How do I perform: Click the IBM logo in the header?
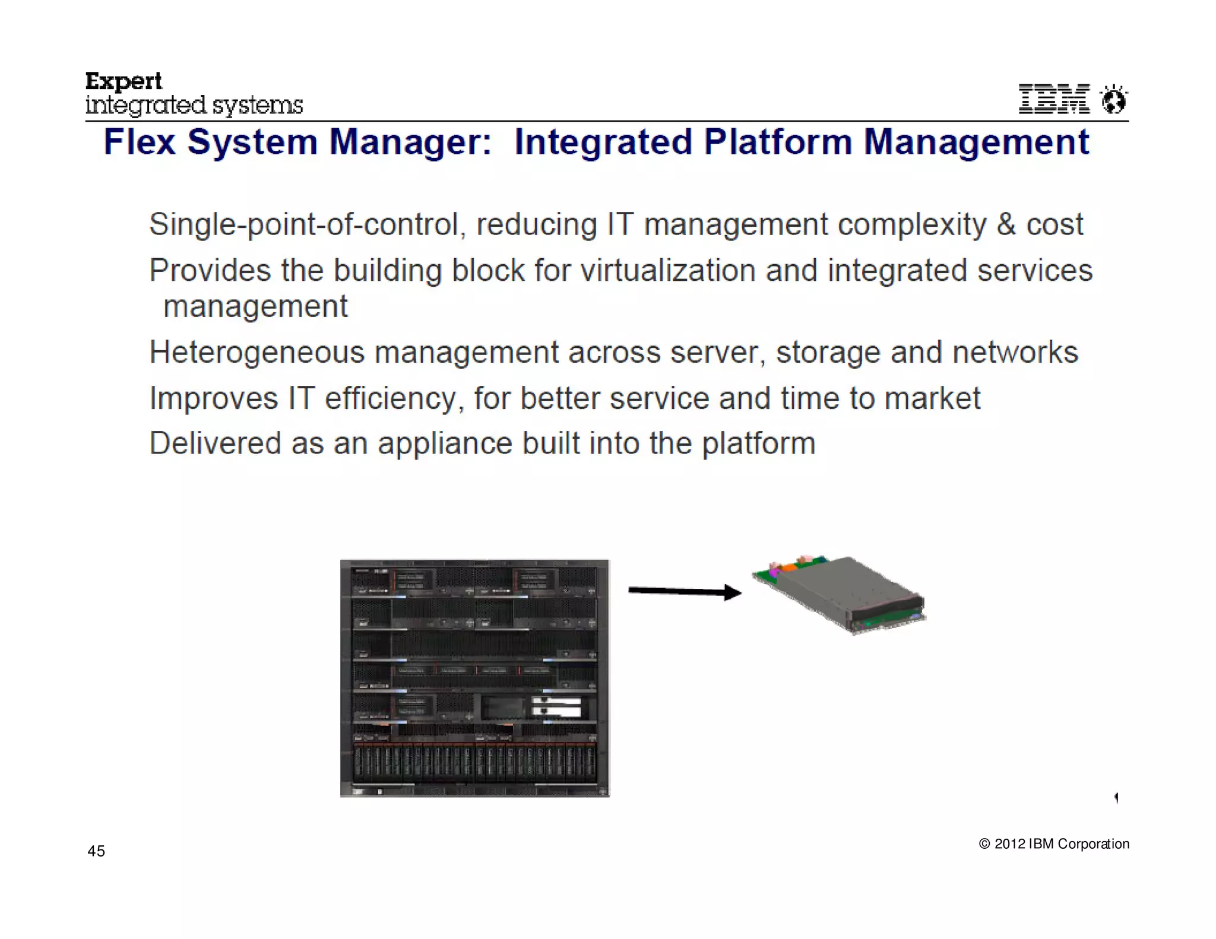pyautogui.click(x=1054, y=99)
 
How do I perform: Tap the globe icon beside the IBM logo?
pyautogui.click(x=1113, y=99)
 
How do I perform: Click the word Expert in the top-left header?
pyautogui.click(x=123, y=81)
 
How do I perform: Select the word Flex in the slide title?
pyautogui.click(x=140, y=142)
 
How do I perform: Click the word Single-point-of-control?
pyautogui.click(x=304, y=225)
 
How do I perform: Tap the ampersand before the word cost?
pyautogui.click(x=1006, y=224)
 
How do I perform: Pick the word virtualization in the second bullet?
pyautogui.click(x=667, y=271)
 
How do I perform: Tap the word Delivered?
pyautogui.click(x=215, y=443)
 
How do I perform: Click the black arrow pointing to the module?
pyautogui.click(x=685, y=591)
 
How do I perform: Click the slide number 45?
pyautogui.click(x=96, y=851)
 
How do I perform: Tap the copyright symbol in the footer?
pyautogui.click(x=984, y=844)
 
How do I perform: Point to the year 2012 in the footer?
pyautogui.click(x=1010, y=844)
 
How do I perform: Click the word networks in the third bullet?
pyautogui.click(x=1015, y=352)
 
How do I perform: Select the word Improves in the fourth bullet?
pyautogui.click(x=214, y=398)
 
